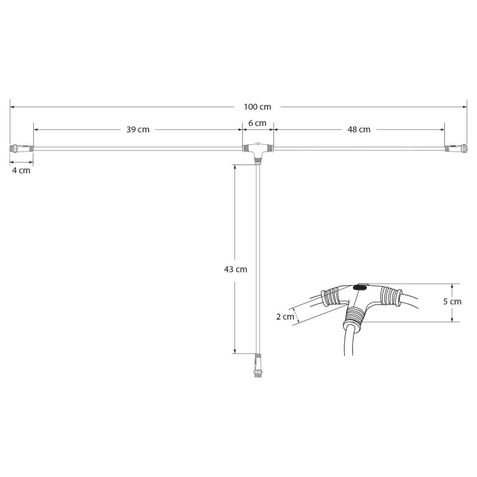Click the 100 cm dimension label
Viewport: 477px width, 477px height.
pyautogui.click(x=257, y=107)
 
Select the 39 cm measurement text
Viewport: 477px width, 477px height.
pyautogui.click(x=138, y=129)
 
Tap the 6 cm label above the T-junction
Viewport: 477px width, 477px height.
pyautogui.click(x=257, y=123)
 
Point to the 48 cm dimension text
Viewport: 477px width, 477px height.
pyautogui.click(x=359, y=129)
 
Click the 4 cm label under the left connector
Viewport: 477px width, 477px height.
pyautogui.click(x=21, y=170)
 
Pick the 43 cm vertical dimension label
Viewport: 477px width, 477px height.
pyautogui.click(x=235, y=269)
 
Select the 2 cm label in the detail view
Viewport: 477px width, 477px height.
pyautogui.click(x=285, y=317)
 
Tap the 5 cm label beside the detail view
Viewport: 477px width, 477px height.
pyautogui.click(x=452, y=301)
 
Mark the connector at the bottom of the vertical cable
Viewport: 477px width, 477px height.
pyautogui.click(x=258, y=365)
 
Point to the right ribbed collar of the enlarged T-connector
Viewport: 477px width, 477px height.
pyautogui.click(x=391, y=295)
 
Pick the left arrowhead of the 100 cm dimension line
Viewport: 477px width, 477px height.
pyautogui.click(x=13, y=107)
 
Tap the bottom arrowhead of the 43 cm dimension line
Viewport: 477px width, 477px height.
pyautogui.click(x=235, y=351)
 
